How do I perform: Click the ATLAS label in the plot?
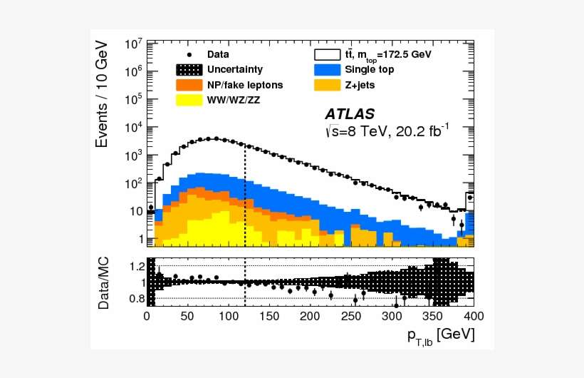click(x=350, y=114)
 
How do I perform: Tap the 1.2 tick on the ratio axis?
click(x=137, y=267)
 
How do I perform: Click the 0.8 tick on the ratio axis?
click(x=137, y=298)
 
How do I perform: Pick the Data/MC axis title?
click(x=104, y=283)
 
